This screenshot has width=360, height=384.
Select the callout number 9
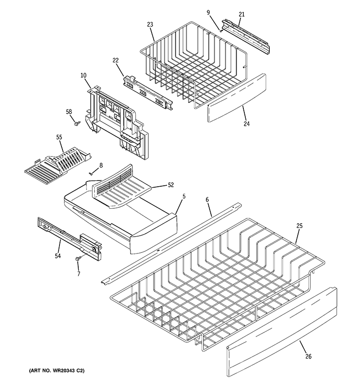[208, 12]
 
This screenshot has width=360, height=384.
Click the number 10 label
[83, 75]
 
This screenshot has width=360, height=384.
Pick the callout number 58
[69, 112]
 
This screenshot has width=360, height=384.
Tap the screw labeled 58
[76, 124]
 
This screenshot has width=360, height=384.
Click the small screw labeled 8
[91, 173]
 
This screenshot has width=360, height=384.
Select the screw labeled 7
[77, 259]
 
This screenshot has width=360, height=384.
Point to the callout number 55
[59, 137]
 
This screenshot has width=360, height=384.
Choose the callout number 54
[58, 256]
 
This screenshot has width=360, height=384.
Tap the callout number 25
[299, 226]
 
